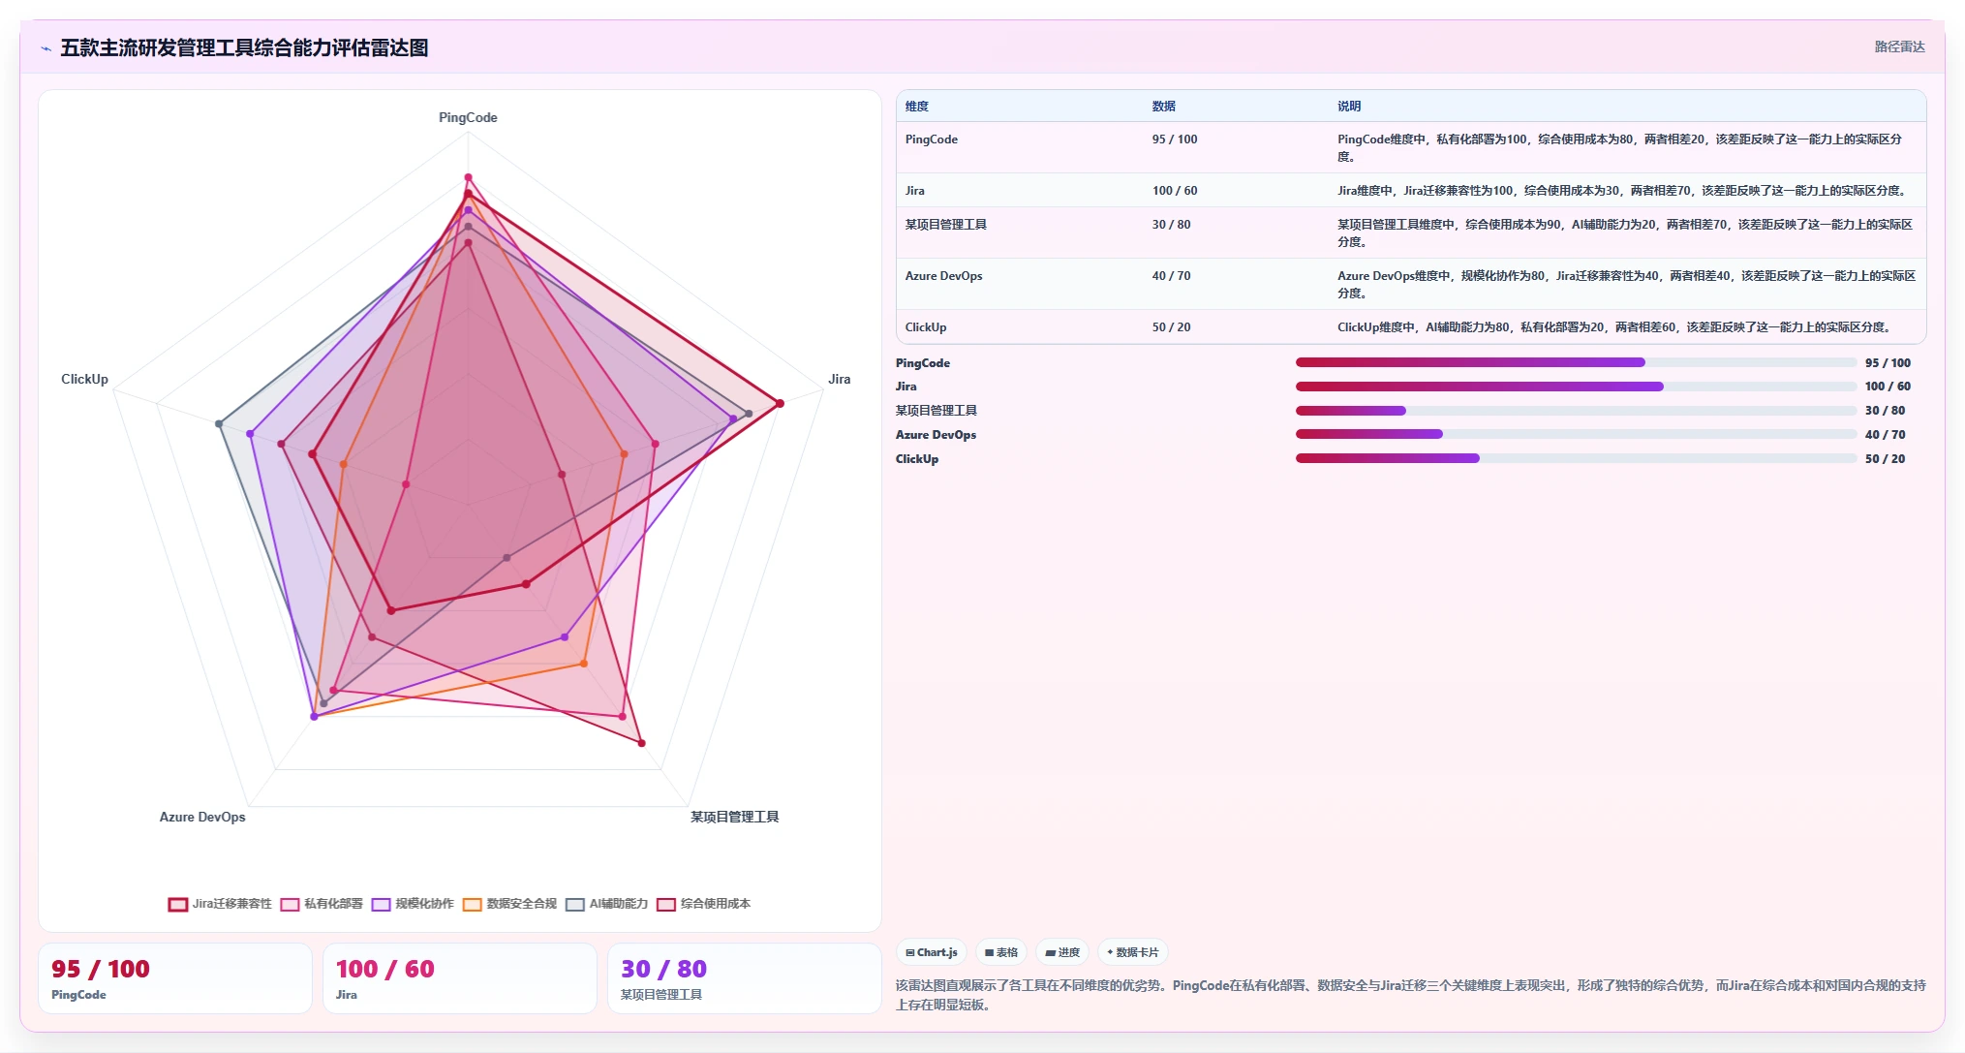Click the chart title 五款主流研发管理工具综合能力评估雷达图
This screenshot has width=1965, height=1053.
click(x=244, y=47)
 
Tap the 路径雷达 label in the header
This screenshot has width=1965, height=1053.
click(x=1899, y=46)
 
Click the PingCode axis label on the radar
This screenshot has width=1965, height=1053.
click(x=468, y=117)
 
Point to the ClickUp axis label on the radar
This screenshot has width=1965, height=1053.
click(x=84, y=379)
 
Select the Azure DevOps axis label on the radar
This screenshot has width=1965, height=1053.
click(x=202, y=817)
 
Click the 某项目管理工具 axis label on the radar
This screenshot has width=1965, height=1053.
click(x=734, y=817)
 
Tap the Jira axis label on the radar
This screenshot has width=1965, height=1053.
click(x=840, y=379)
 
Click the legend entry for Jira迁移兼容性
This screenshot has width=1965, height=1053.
click(x=220, y=904)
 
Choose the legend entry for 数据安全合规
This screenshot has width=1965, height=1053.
click(x=510, y=904)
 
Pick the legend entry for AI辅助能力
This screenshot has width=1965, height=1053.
click(x=607, y=904)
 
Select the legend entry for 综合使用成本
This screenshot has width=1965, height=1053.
click(x=704, y=904)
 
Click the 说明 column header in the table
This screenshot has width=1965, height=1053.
click(x=1349, y=107)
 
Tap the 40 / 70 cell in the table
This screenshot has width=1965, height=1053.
click(x=1171, y=276)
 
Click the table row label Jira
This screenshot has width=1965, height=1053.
click(x=915, y=191)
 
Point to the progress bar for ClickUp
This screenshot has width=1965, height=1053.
click(x=1576, y=458)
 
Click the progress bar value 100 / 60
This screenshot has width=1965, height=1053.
click(x=1888, y=387)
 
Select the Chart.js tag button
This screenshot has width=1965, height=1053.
click(x=932, y=952)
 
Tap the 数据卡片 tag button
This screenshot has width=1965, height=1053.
click(x=1132, y=952)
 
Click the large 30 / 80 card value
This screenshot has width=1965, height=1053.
click(x=663, y=969)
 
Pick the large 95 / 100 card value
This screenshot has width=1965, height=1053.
click(x=101, y=969)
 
